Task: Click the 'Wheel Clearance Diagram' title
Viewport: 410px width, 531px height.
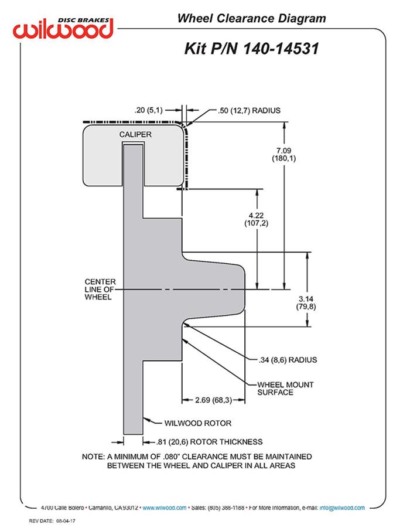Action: (252, 19)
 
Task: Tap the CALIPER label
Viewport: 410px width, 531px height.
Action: (136, 135)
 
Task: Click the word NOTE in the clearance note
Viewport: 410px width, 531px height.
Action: (93, 456)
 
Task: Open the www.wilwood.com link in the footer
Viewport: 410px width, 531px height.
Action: (165, 508)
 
